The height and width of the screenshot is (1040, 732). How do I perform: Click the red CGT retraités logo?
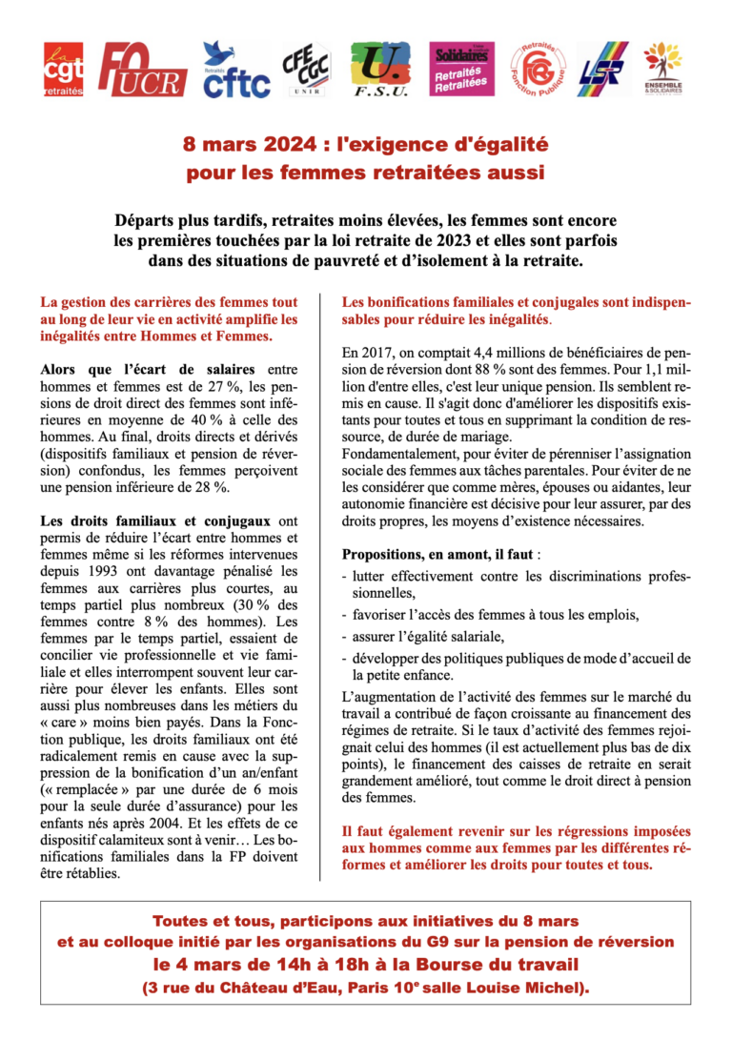[x=64, y=70]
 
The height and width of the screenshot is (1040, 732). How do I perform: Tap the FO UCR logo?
[x=142, y=70]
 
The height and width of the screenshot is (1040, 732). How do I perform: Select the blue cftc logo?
[x=235, y=71]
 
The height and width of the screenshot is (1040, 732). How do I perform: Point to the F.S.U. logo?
[x=380, y=71]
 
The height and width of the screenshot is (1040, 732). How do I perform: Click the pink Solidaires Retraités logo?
[x=461, y=69]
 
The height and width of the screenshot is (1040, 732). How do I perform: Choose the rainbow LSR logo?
[x=601, y=70]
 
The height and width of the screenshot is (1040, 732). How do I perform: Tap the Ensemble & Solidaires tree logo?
[x=662, y=69]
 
